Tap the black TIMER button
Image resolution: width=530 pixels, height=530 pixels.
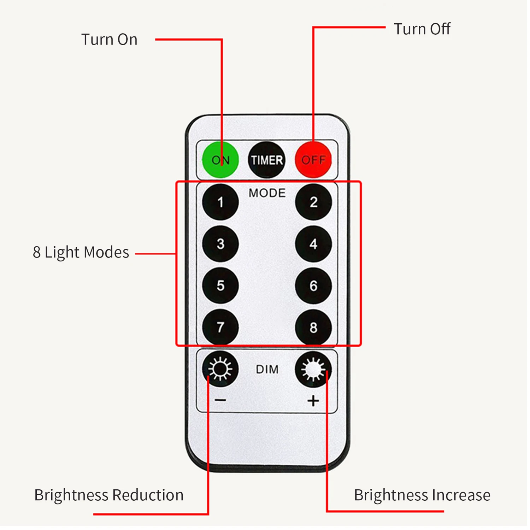(267, 160)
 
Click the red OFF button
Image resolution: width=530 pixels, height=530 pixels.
(313, 160)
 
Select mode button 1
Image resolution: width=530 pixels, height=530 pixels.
(220, 202)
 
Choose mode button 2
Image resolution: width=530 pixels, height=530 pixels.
(313, 202)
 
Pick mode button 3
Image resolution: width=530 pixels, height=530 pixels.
(220, 244)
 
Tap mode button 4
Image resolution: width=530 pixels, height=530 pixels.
(313, 244)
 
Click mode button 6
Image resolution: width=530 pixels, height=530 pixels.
(313, 285)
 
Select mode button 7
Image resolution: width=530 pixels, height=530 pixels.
(220, 327)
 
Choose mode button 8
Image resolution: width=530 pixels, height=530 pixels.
(313, 328)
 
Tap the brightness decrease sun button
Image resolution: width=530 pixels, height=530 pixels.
(220, 369)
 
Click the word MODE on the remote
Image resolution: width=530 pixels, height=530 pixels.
(267, 193)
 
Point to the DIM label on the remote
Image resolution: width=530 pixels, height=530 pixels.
(267, 370)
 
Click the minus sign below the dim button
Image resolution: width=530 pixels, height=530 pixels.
(220, 400)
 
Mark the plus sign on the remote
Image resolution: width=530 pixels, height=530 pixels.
(313, 401)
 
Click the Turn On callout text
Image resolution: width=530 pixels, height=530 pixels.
(110, 39)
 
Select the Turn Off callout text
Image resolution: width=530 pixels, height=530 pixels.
(422, 29)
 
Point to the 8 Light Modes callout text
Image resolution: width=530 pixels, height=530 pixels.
(81, 252)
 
